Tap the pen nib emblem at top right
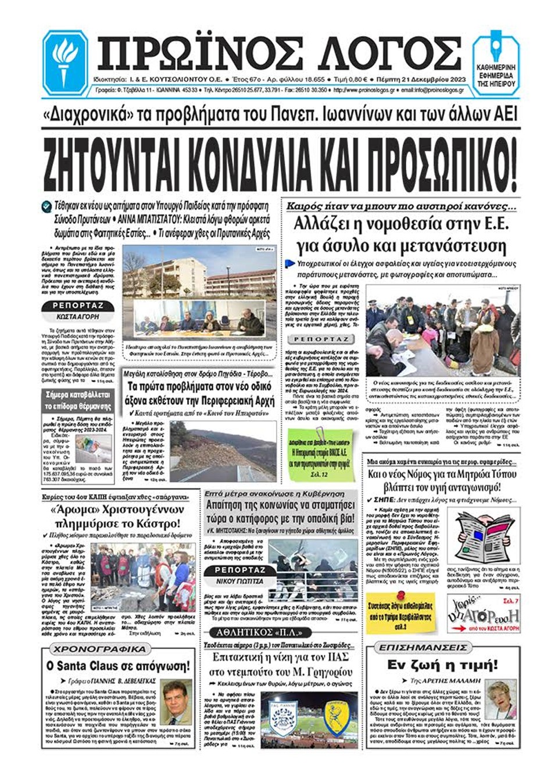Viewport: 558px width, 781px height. pyautogui.click(x=496, y=48)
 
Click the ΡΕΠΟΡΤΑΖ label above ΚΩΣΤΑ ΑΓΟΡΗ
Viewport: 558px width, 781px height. pyautogui.click(x=77, y=306)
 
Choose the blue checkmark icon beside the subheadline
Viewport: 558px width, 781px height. pyautogui.click(x=46, y=206)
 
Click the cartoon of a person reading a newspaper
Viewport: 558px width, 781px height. pyautogui.click(x=484, y=536)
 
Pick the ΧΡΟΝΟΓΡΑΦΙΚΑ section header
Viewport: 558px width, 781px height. pyautogui.click(x=99, y=648)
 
